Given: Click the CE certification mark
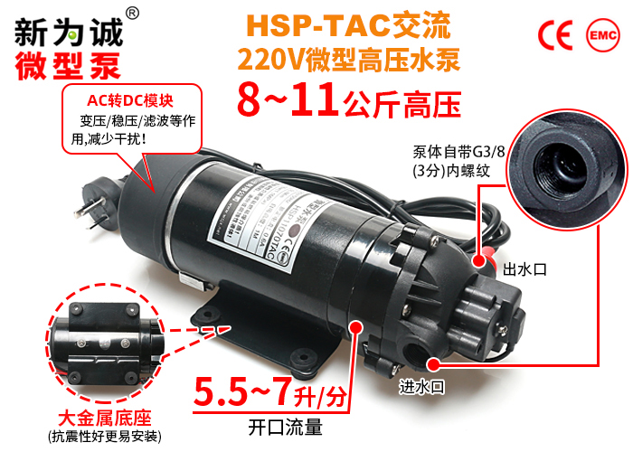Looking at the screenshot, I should (555, 33).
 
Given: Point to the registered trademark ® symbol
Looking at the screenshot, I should (132, 13).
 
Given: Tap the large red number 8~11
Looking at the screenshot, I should (288, 99).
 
